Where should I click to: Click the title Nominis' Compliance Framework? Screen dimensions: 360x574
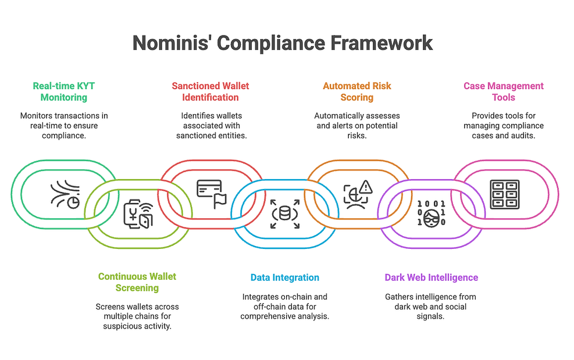283,42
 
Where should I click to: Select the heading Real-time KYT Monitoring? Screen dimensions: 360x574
64,91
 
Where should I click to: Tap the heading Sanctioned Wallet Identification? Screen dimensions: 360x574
210,91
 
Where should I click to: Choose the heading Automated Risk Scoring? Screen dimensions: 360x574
356,91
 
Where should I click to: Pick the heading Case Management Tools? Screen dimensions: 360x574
503,91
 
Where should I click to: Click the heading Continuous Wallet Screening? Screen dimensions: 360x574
137,282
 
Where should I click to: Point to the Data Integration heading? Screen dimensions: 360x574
284,277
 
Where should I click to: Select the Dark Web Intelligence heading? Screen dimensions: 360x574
431,277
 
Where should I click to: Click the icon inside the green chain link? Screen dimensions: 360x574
65,194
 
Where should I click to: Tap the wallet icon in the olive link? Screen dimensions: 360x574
138,213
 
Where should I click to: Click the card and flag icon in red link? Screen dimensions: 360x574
211,194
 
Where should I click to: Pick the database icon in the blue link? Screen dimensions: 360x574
284,213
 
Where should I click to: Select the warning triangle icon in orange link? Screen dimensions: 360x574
358,194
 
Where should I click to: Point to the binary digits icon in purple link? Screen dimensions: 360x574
431,213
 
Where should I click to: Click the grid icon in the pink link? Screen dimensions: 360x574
504,194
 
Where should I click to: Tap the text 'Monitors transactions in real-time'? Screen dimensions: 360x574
64,120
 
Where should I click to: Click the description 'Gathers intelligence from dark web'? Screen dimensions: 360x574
431,301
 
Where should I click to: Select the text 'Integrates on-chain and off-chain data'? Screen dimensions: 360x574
284,301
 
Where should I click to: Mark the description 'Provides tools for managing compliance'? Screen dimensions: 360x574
503,120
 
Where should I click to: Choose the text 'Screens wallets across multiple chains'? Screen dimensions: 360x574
137,311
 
